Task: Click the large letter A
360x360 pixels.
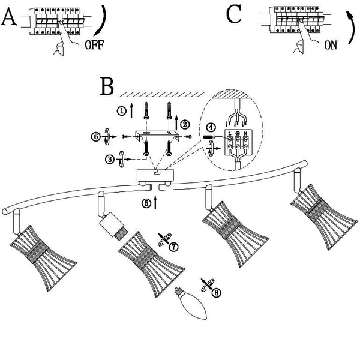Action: (9, 17)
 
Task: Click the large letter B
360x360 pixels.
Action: (107, 87)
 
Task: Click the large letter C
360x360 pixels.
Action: (234, 14)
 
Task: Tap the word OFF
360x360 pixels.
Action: (95, 44)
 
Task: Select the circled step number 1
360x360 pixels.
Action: (122, 111)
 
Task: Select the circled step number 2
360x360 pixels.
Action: (185, 125)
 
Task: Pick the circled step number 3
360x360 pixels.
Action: (109, 159)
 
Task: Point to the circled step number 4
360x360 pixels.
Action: (210, 127)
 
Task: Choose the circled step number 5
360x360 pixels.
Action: (146, 202)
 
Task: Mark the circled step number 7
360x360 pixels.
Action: (173, 247)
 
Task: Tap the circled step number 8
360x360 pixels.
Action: (217, 293)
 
